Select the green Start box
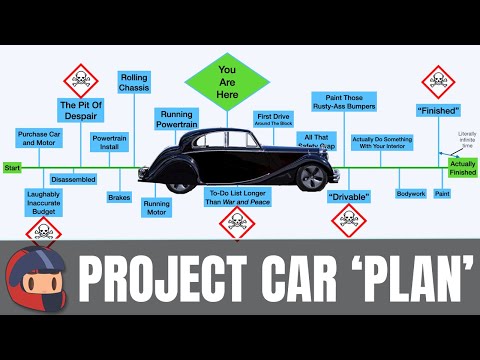pyautogui.click(x=12, y=168)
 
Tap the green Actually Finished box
pyautogui.click(x=462, y=167)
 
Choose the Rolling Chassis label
pyautogui.click(x=133, y=82)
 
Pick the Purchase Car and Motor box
pyautogui.click(x=40, y=138)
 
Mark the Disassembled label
pyautogui.click(x=73, y=180)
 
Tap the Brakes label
pyautogui.click(x=119, y=197)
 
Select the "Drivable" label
pyautogui.click(x=349, y=196)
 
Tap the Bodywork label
pyautogui.click(x=411, y=192)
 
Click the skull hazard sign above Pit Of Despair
pyautogui.click(x=80, y=79)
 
